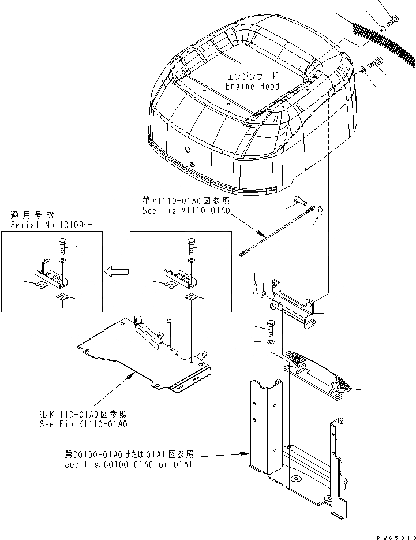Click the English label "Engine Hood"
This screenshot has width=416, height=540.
(252, 86)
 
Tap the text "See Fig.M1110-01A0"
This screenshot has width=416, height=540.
(186, 211)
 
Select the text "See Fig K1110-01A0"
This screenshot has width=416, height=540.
(83, 423)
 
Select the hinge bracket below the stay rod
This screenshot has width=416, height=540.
(293, 307)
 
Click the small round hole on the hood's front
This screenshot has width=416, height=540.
(188, 148)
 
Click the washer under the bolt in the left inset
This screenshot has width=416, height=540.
(62, 262)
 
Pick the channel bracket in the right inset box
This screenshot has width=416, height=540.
(182, 278)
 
